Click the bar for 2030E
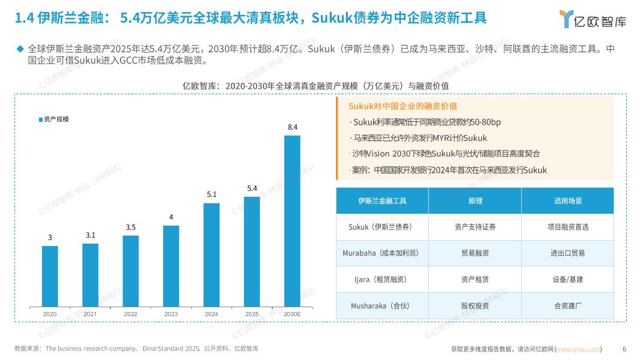pos(292,221)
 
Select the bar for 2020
pos(50,276)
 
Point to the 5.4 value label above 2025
pos(252,188)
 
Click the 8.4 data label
pos(293,127)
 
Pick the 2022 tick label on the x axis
pos(131,314)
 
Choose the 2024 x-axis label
pos(211,314)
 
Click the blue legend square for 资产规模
pos(41,119)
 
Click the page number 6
pos(624,349)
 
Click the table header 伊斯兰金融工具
pos(382,201)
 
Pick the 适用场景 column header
pos(567,201)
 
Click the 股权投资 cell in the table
pos(474,305)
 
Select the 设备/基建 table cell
pos(567,280)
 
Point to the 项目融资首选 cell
pos(567,227)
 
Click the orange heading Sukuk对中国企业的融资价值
pos(402,106)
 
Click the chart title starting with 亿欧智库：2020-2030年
pos(316,86)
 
